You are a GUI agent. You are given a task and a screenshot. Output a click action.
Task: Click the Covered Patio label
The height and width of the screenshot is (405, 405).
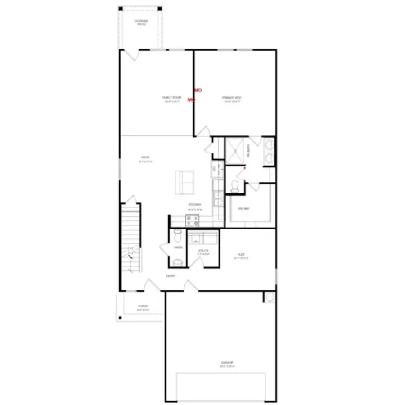141,22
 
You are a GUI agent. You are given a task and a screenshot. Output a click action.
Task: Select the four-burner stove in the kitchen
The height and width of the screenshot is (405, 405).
193,220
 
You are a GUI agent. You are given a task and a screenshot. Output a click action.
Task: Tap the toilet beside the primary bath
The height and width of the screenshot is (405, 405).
234,186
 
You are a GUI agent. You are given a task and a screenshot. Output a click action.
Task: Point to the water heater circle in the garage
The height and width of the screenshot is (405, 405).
270,297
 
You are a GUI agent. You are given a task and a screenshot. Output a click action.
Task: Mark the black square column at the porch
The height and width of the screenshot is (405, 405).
120,318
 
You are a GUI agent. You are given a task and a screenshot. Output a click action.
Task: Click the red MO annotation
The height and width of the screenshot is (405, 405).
198,90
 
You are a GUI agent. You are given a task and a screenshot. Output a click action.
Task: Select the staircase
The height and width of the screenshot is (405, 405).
131,238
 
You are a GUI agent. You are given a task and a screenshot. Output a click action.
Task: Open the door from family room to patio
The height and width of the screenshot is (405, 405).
131,55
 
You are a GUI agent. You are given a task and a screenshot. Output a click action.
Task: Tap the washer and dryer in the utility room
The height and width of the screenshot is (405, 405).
203,237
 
